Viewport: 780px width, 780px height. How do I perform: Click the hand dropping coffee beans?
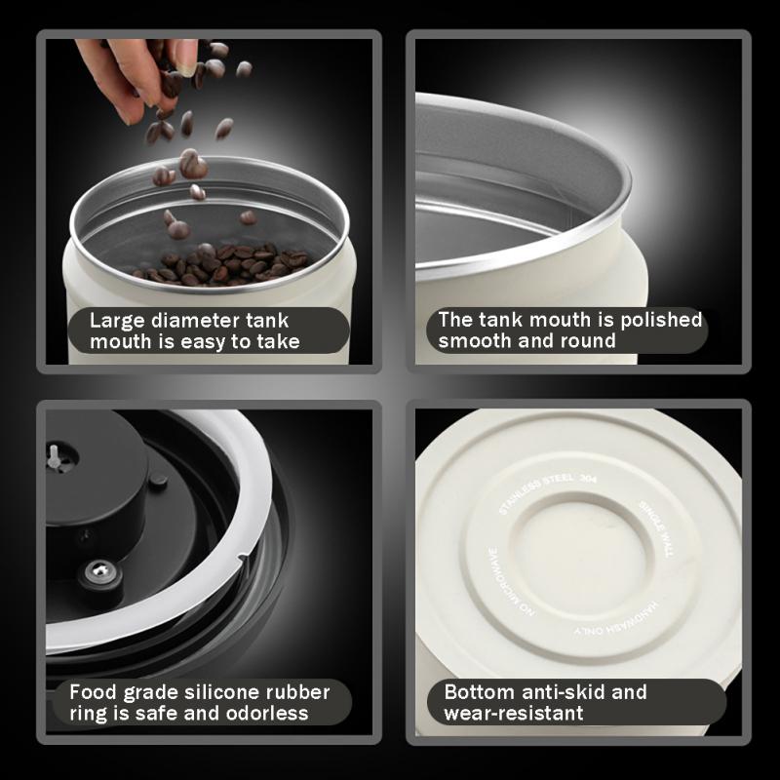(x=136, y=78)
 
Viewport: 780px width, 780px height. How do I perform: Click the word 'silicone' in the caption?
(x=217, y=692)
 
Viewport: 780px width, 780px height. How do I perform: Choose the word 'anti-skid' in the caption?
(x=555, y=692)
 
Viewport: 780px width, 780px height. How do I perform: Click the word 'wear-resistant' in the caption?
(x=514, y=714)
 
